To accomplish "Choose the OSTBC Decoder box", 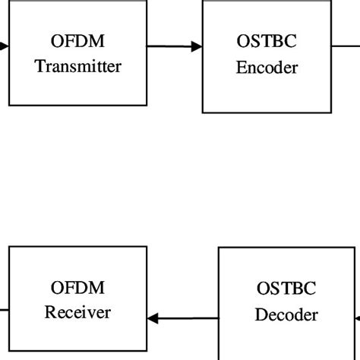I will tap(286, 302).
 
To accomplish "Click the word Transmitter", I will tap(77, 66).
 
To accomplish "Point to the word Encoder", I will tap(267, 68).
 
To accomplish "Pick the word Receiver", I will tap(77, 312).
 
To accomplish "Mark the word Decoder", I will tap(286, 314).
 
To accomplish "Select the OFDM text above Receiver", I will tap(77, 289).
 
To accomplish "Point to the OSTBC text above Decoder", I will tap(286, 289).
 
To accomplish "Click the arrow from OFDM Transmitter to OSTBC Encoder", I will tap(173, 47).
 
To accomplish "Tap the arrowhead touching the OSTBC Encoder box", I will tap(197, 47).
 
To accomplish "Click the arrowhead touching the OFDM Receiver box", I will tap(153, 319).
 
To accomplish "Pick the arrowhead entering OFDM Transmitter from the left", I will tap(5, 47).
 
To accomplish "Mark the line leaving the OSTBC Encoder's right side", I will tap(346, 46).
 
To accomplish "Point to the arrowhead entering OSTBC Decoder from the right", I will tap(357, 318).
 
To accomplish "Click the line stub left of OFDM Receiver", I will tap(4, 309).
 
